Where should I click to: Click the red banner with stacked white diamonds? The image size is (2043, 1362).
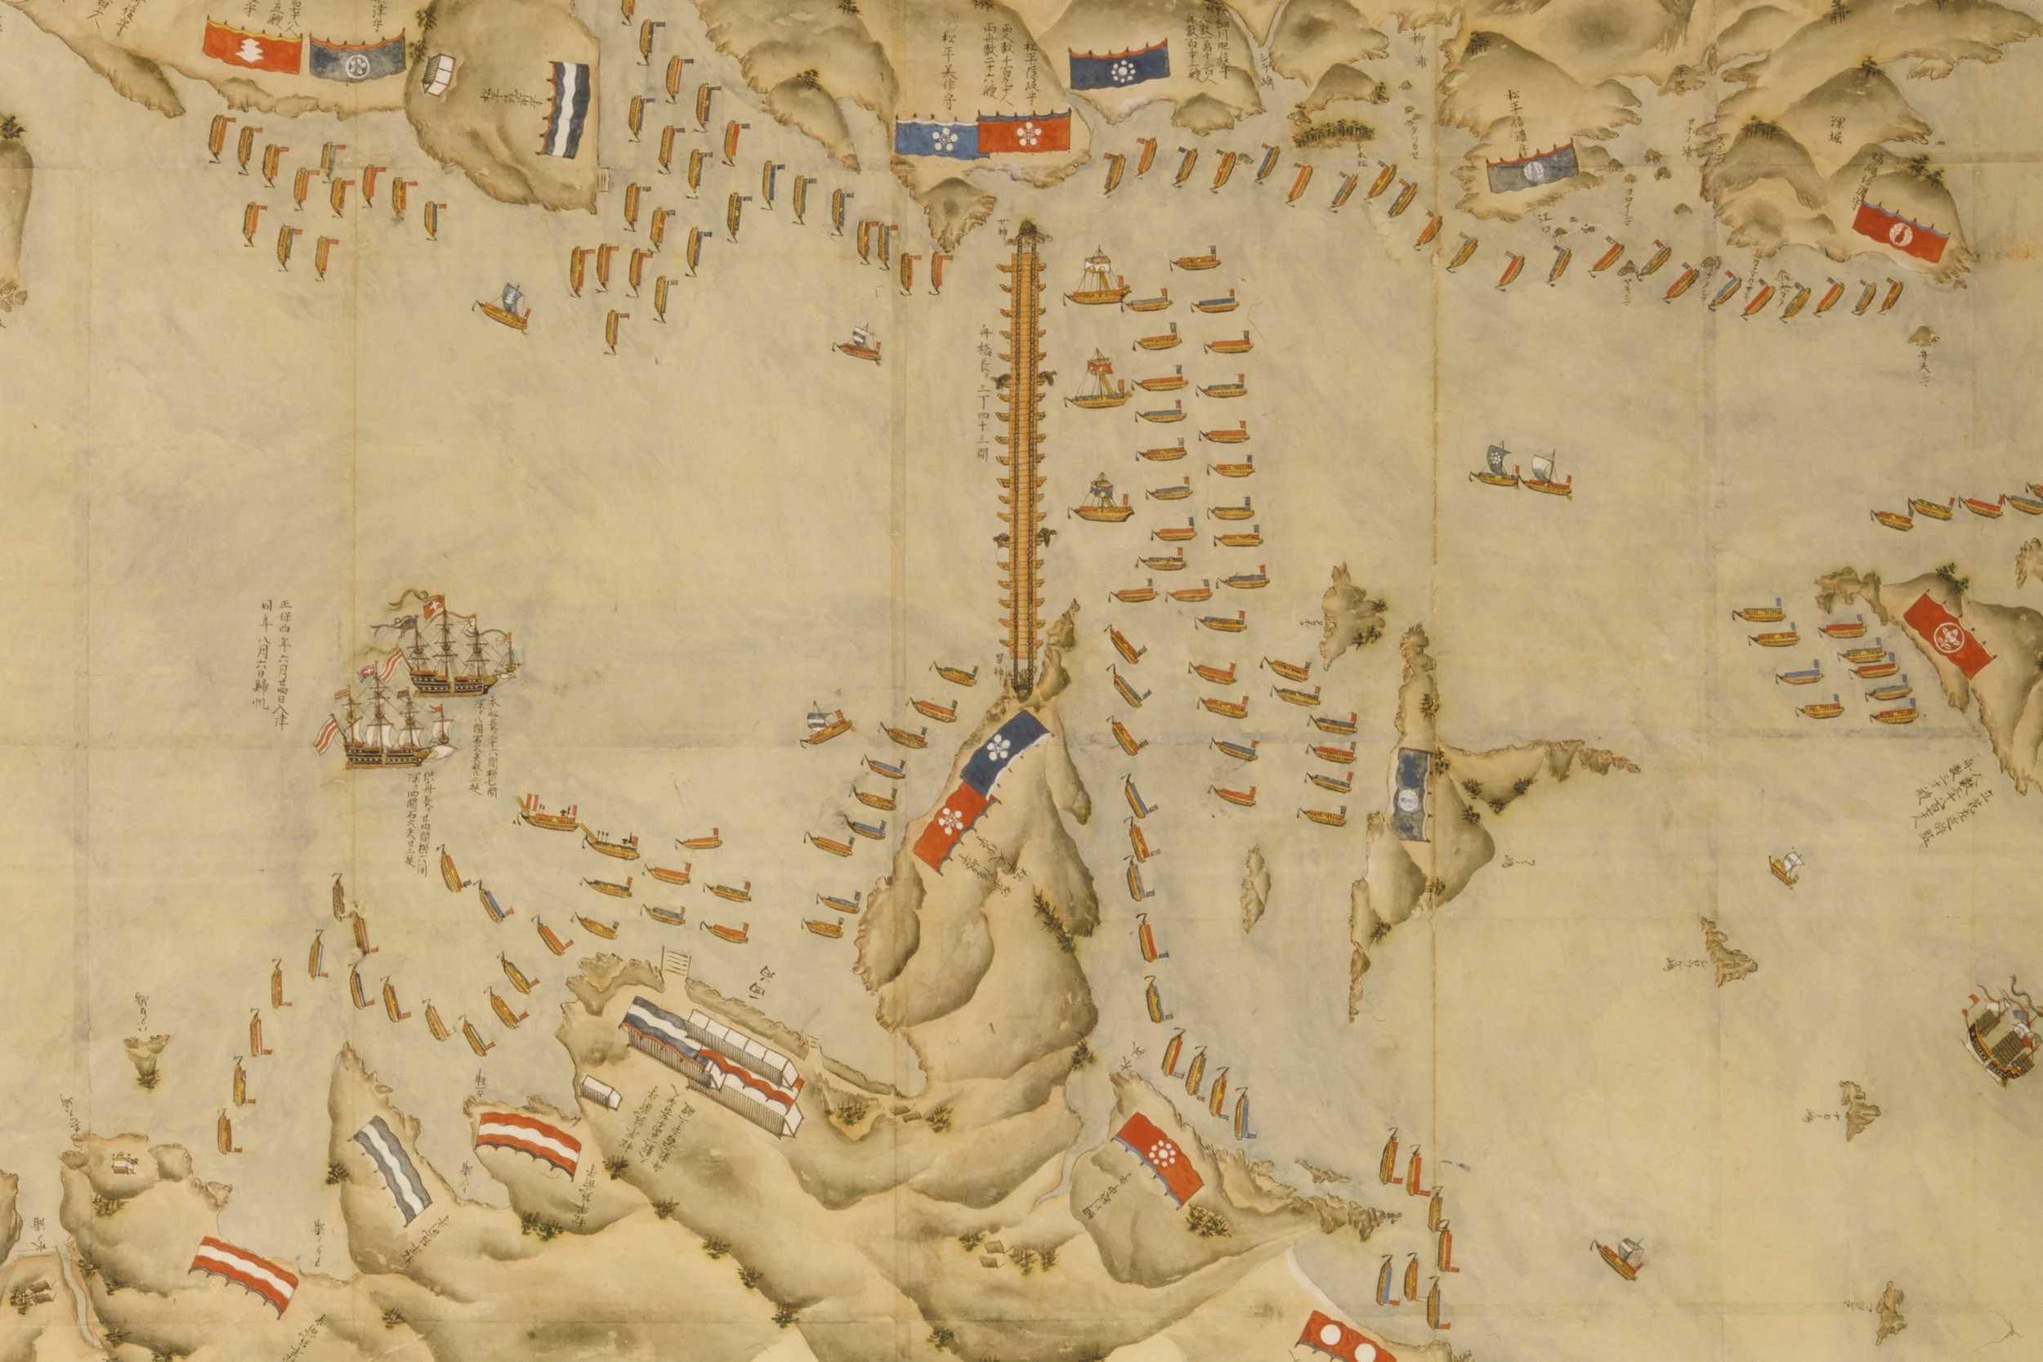point(252,47)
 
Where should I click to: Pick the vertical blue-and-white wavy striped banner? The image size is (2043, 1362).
point(566,109)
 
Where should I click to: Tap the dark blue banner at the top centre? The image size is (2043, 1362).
point(1119,67)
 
